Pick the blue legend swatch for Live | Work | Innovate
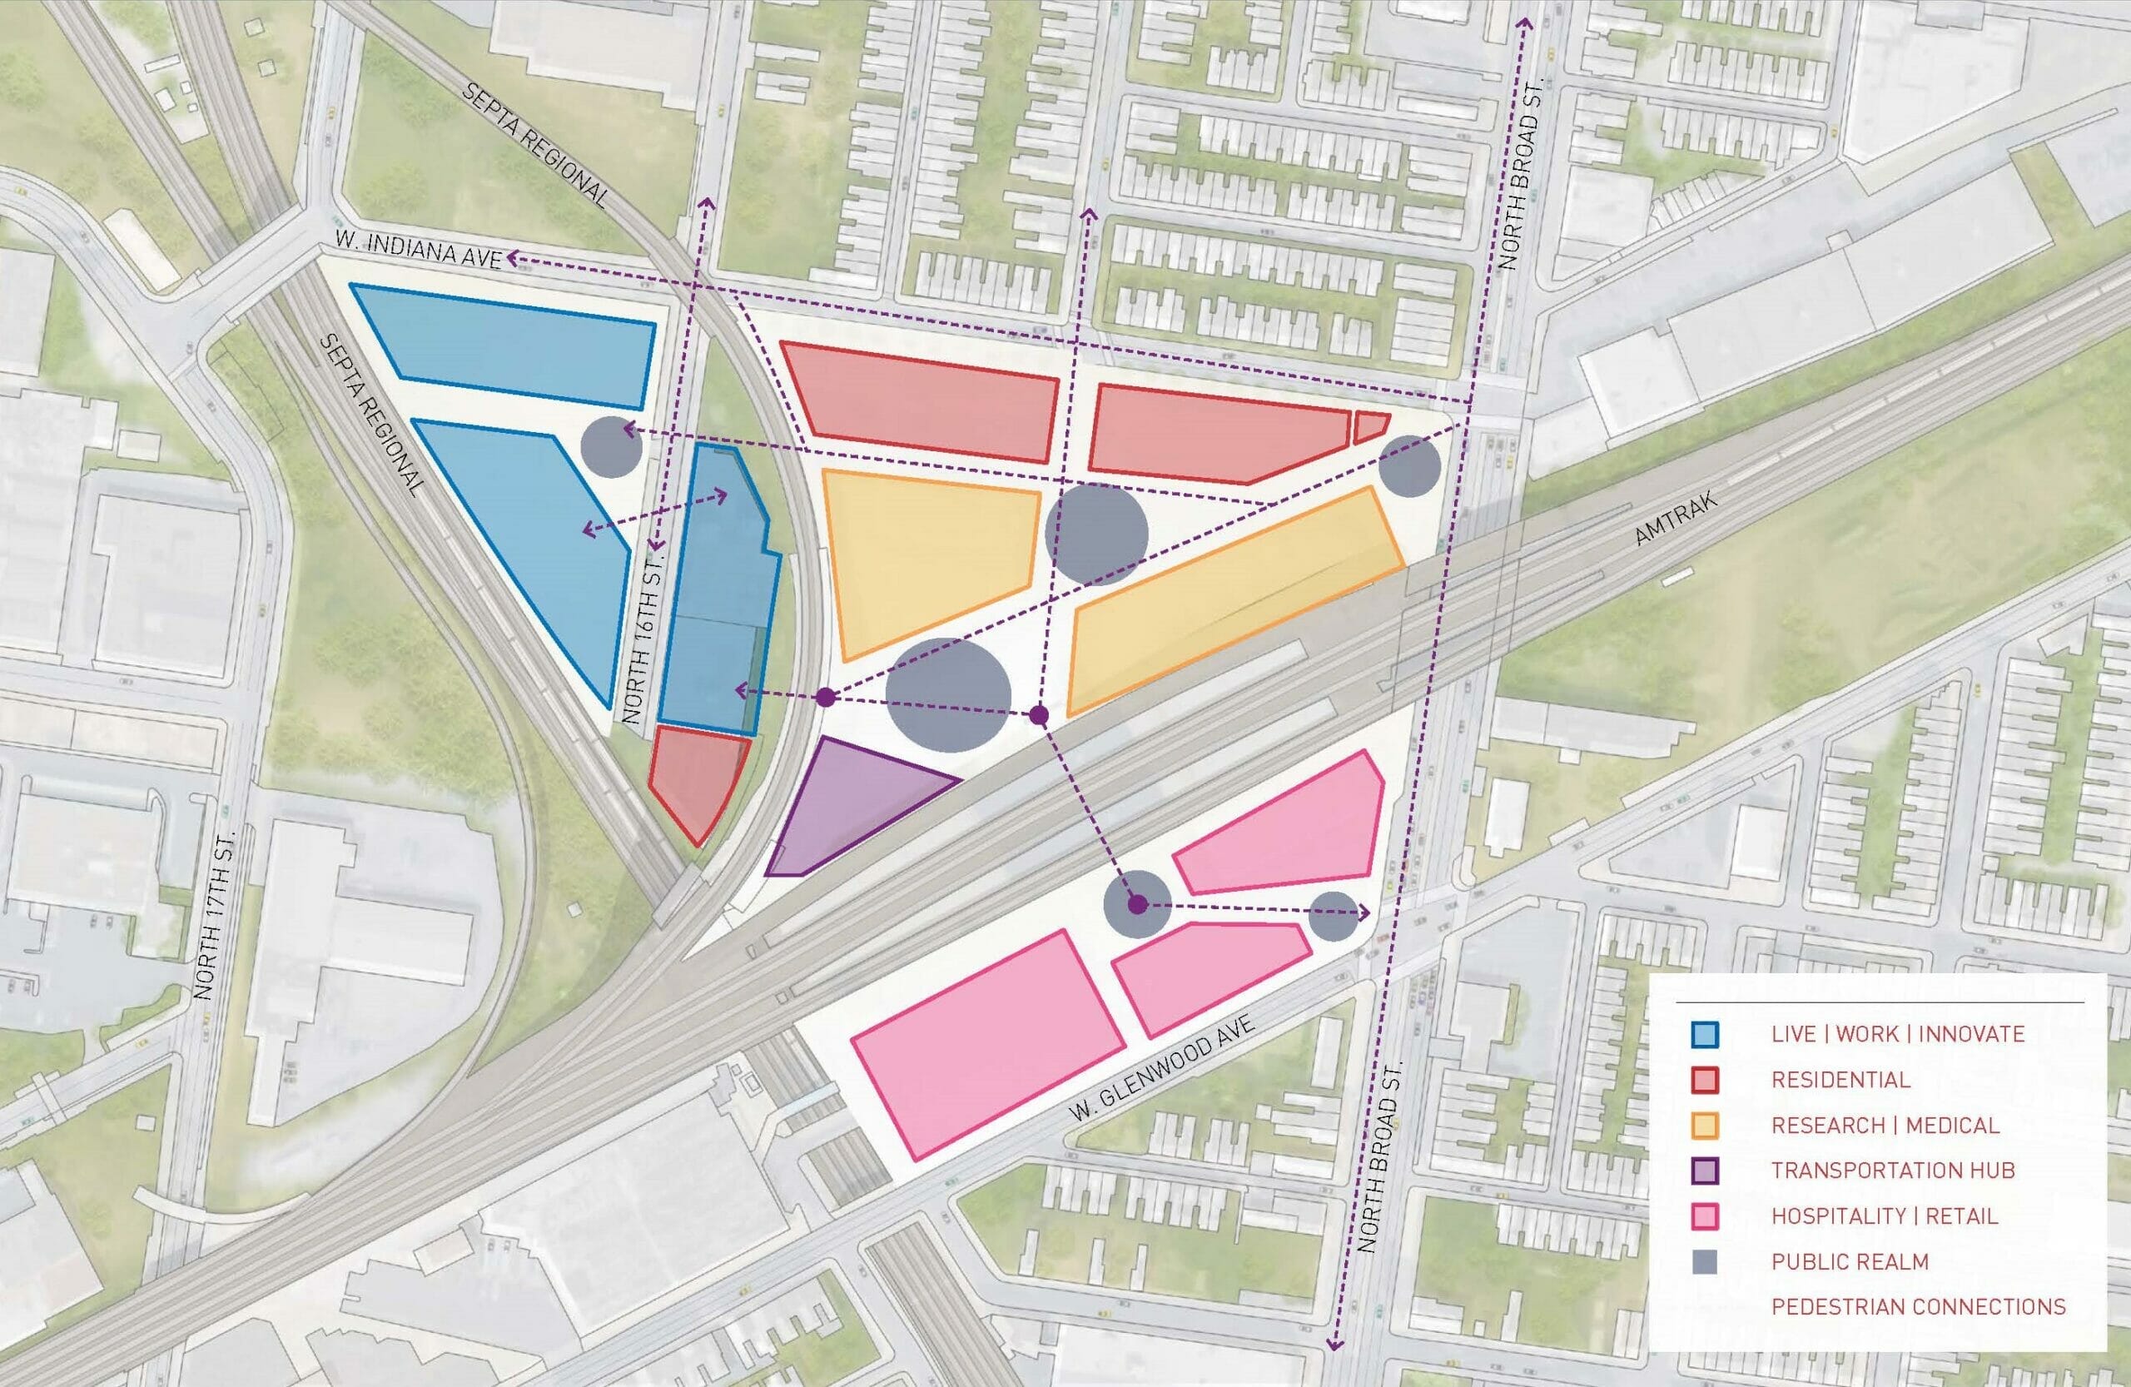[x=1706, y=1033]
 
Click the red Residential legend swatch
[x=1706, y=1079]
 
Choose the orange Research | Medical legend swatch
[x=1706, y=1125]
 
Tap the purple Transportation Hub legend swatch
[x=1706, y=1171]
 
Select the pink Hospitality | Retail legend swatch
[x=1706, y=1216]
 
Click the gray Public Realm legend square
[x=1706, y=1261]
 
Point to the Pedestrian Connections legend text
[x=1919, y=1306]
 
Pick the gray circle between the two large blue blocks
[x=612, y=445]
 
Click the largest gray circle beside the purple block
[x=948, y=695]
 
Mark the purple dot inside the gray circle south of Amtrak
[x=1137, y=904]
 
